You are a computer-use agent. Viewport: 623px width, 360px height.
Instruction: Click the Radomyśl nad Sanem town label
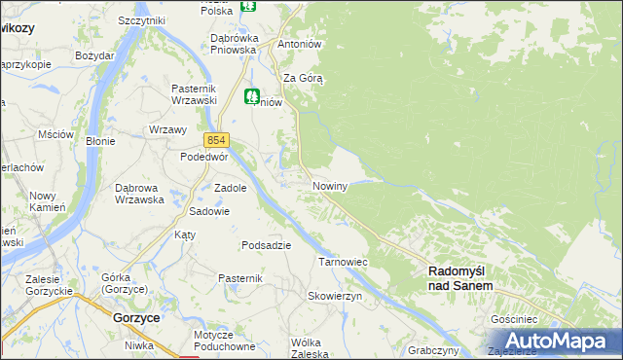461,279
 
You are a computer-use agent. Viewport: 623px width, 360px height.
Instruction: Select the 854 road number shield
216,140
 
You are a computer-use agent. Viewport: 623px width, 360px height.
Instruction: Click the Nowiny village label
330,186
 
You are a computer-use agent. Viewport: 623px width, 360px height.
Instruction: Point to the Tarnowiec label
342,262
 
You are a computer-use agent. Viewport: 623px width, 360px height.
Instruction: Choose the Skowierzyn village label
335,296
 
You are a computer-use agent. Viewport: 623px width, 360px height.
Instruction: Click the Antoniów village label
300,45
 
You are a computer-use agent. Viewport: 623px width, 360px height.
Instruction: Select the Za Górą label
303,77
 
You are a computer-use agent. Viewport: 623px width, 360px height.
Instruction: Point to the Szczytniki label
141,20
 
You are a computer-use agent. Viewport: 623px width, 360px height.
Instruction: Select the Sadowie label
208,211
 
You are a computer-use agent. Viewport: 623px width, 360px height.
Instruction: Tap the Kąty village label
185,235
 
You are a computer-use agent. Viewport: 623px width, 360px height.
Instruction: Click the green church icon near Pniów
252,96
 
